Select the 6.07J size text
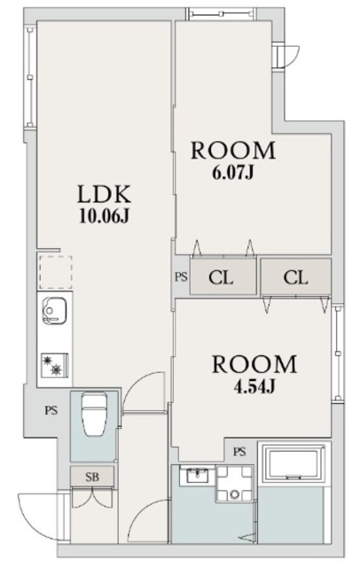point(233,172)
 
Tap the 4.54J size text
point(253,385)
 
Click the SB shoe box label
point(92,477)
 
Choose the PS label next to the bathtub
point(239,452)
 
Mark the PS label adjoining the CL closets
point(181,277)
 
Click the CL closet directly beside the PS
point(222,277)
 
